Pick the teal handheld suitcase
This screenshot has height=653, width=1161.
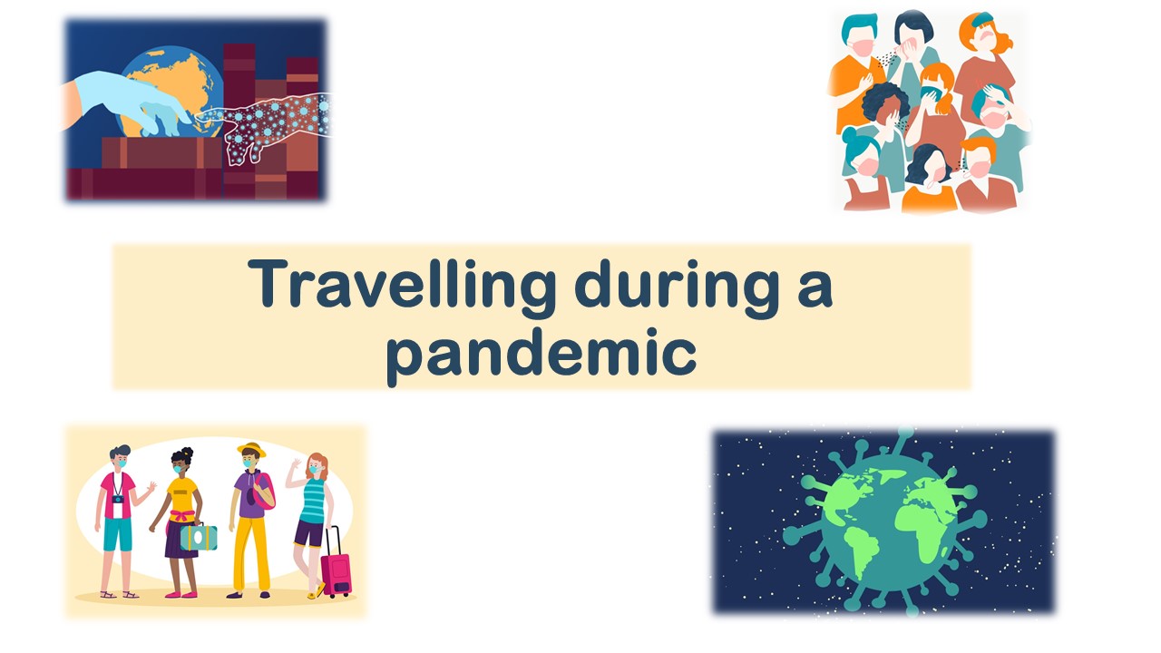199,537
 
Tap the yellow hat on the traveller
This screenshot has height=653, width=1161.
251,449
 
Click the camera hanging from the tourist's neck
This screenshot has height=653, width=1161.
118,499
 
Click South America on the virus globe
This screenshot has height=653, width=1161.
862,551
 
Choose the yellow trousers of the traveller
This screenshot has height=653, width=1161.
252,553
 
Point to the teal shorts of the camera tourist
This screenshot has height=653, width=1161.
118,534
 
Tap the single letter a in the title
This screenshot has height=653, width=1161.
815,290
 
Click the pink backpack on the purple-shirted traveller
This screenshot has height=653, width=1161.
265,491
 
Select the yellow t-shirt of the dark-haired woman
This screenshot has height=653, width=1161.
181,494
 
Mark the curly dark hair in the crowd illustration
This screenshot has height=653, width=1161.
884,101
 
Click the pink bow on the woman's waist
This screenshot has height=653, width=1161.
182,516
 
